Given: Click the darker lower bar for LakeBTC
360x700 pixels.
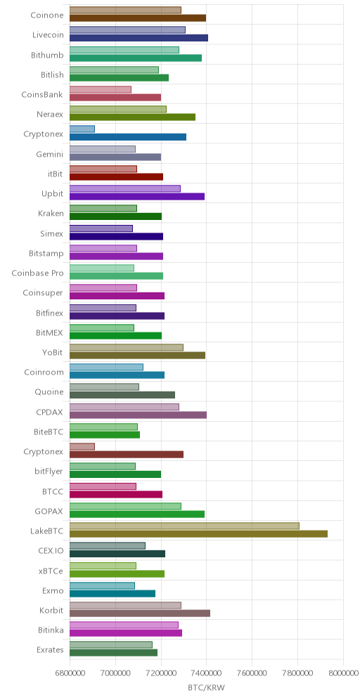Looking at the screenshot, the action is [x=198, y=534].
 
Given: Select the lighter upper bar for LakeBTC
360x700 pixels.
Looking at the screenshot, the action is [x=184, y=526].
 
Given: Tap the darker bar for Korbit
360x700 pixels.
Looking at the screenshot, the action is [x=140, y=613].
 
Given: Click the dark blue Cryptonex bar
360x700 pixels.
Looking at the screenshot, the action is [x=128, y=136].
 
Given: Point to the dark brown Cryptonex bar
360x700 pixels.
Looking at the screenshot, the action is [x=127, y=455].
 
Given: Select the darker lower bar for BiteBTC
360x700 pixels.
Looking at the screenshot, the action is [x=105, y=435].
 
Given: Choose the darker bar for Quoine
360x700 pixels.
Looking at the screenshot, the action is [x=122, y=395].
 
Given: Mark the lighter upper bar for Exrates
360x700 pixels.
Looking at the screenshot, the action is [x=111, y=644].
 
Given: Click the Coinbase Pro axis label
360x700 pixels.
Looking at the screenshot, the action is [x=37, y=273].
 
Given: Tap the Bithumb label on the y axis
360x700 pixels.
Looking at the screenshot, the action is [x=47, y=56].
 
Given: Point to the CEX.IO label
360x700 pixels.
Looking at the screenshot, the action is [x=51, y=551].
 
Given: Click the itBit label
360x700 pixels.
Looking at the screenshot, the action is [x=55, y=174].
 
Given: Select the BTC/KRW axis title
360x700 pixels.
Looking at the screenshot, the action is [x=206, y=688].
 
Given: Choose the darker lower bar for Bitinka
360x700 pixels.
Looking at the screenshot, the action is [x=126, y=633].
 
